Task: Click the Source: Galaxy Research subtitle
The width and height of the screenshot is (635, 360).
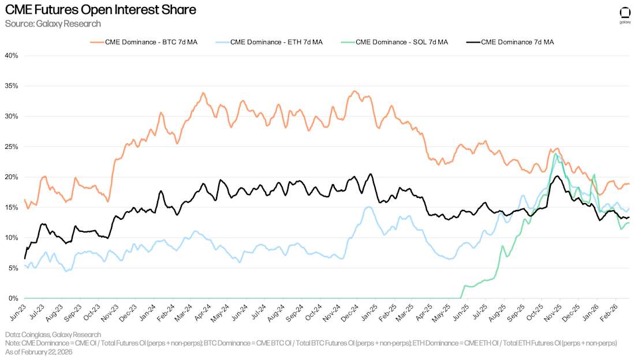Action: (x=53, y=24)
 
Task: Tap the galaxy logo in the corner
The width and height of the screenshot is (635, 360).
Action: (x=625, y=14)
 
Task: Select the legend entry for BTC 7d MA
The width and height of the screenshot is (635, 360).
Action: (x=151, y=42)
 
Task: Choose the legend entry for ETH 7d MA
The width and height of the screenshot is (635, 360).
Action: (x=276, y=42)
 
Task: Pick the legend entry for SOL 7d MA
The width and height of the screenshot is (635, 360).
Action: (x=402, y=42)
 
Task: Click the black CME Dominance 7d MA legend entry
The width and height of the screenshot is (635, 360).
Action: (x=517, y=42)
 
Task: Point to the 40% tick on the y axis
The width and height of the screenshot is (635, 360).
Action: (x=12, y=55)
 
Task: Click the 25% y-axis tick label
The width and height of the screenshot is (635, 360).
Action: (x=12, y=147)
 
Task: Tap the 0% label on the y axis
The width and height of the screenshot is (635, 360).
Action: (x=14, y=298)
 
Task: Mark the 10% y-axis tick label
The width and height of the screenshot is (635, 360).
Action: (x=12, y=238)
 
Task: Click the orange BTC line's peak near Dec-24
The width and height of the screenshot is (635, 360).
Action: (x=354, y=91)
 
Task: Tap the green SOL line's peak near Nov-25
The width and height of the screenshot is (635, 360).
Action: (x=555, y=154)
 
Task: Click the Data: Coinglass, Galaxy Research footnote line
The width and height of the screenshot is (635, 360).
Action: (x=53, y=335)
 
